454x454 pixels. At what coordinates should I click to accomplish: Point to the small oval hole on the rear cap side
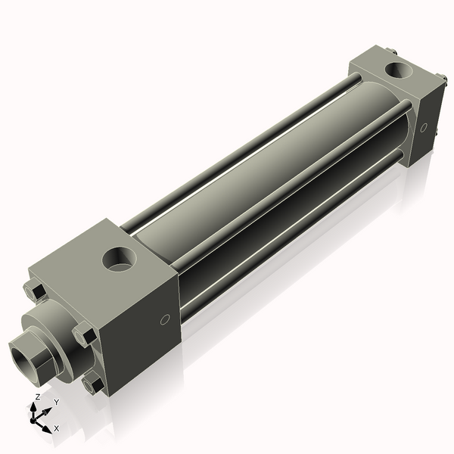pos(424,126)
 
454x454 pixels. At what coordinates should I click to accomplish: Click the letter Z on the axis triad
pos(37,396)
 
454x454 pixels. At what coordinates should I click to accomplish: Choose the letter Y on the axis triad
pos(56,402)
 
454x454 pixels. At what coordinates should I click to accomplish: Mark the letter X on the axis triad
pos(56,428)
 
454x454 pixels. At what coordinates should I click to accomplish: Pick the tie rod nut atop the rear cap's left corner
pos(391,51)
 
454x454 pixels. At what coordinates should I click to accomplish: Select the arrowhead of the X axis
pos(48,424)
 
